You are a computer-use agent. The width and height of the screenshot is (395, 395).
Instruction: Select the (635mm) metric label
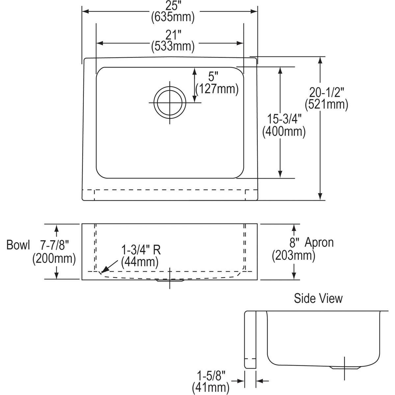coord(173,17)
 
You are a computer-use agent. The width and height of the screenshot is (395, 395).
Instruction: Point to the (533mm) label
coord(173,46)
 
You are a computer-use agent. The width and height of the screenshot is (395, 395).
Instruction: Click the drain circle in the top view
coord(170,102)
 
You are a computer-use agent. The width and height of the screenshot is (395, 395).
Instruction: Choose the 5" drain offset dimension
coord(214,77)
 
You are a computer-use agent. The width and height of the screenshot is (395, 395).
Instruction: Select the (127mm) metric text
coord(217,89)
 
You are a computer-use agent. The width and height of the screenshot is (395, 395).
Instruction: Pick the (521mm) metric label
coord(326,104)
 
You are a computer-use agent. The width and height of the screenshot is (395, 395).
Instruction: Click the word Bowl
coord(18,245)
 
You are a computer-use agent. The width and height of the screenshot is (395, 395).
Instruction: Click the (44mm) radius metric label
coord(140,262)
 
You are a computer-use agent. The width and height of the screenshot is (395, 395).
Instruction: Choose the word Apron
coord(319,243)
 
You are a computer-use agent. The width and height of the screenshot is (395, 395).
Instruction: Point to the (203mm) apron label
coord(294,255)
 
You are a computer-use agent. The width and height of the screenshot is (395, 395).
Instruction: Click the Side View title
coord(318,298)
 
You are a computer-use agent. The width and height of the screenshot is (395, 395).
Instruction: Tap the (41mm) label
coord(211,386)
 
